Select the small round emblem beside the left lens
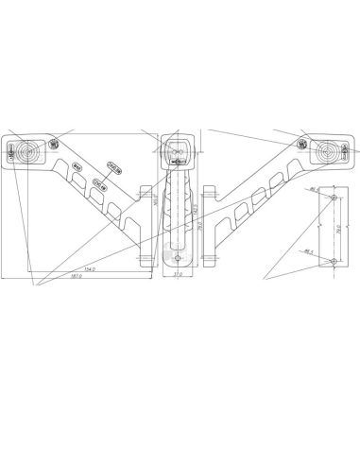[53, 144]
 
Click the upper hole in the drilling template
[332, 198]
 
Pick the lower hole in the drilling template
[332, 258]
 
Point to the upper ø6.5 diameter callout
[311, 190]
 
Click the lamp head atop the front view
[177, 148]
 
